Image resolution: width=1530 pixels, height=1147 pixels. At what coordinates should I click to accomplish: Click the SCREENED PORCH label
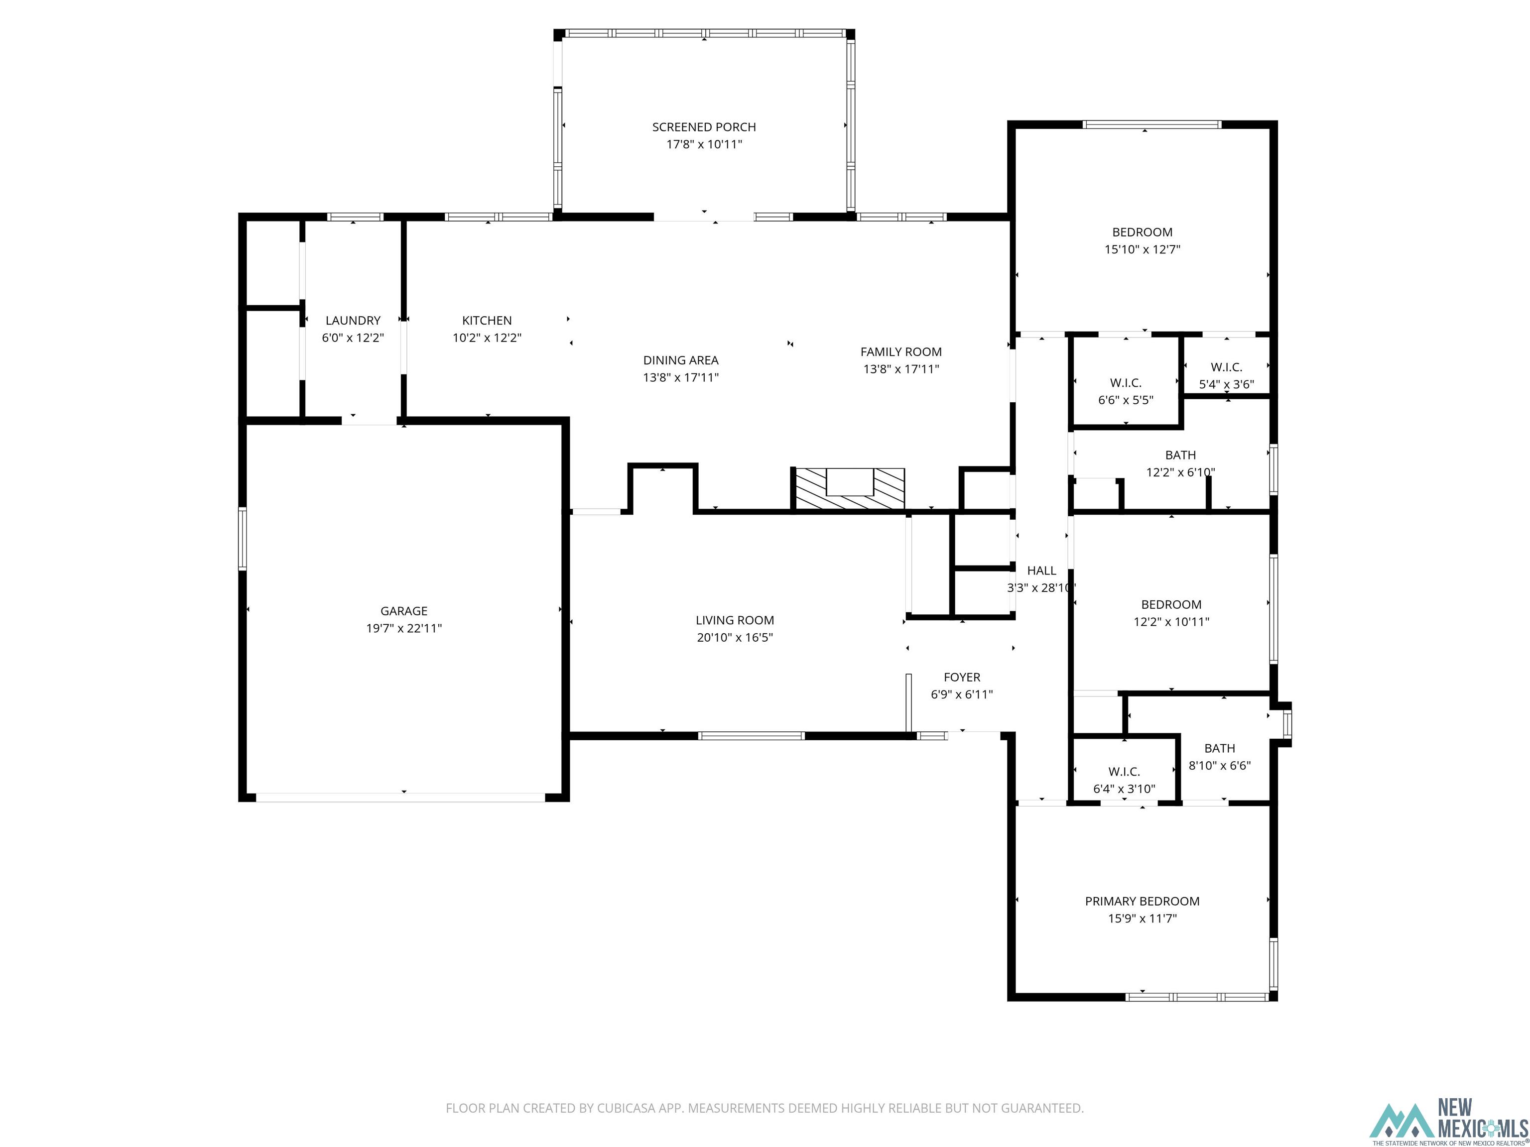click(x=704, y=127)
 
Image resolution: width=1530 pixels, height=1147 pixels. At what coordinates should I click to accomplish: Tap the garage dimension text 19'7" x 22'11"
click(x=404, y=628)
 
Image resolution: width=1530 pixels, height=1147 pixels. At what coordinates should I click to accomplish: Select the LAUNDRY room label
click(x=353, y=321)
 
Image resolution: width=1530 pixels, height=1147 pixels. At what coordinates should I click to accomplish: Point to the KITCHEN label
click(x=487, y=321)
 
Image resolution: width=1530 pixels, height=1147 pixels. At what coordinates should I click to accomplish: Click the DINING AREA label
click(x=681, y=360)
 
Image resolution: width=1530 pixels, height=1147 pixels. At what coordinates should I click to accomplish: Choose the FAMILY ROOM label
click(x=900, y=352)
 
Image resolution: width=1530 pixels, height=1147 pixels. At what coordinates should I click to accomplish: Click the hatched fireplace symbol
click(x=848, y=489)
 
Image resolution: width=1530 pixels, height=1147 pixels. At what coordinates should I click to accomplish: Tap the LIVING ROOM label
click(x=735, y=621)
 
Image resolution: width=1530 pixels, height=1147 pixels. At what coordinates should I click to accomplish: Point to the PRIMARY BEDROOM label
click(x=1142, y=902)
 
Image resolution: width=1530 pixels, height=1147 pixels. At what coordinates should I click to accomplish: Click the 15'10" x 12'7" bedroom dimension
click(x=1142, y=249)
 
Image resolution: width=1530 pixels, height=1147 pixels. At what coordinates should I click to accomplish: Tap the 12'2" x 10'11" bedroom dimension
click(x=1171, y=622)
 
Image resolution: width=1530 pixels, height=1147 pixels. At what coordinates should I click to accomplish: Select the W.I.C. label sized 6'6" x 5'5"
click(x=1126, y=383)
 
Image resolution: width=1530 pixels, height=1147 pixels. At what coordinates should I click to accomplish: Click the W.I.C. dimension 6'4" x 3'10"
click(x=1124, y=789)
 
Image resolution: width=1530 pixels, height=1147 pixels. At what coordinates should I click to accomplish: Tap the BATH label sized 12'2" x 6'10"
click(x=1180, y=456)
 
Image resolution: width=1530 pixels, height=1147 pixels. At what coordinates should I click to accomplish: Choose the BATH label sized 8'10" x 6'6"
click(x=1219, y=749)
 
